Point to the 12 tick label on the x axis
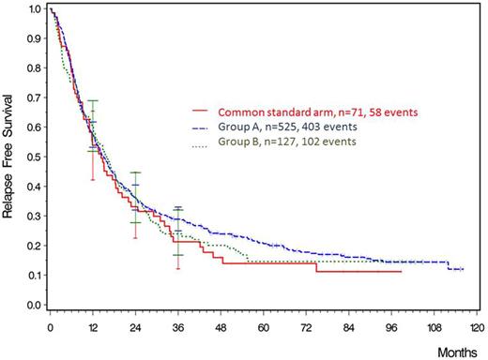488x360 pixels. (x=92, y=329)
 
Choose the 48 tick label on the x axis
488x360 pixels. (x=221, y=329)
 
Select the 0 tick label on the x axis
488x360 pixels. (x=49, y=329)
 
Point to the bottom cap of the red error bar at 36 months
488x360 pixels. (x=178, y=269)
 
